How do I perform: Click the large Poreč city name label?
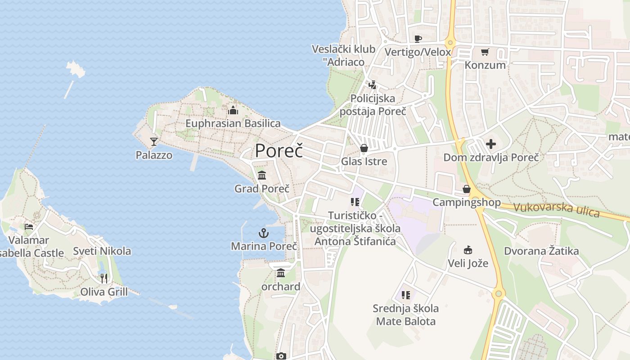[x=279, y=150]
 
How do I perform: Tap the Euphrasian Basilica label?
[x=233, y=123]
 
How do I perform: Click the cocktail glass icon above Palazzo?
[x=154, y=142]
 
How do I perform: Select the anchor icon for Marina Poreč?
[x=263, y=233]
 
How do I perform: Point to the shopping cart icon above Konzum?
[x=485, y=52]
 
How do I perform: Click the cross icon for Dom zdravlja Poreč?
[x=491, y=144]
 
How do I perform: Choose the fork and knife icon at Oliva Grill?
[x=104, y=279]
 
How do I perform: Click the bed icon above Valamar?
[x=29, y=227]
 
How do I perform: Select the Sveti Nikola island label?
[x=102, y=251]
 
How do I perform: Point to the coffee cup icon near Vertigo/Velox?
[x=418, y=39]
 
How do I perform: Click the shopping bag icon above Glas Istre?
[x=364, y=148]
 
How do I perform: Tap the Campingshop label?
[x=467, y=202]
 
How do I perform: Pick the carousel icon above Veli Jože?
[x=468, y=250]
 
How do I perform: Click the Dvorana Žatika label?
[x=541, y=251]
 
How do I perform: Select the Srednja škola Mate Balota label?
[x=406, y=315]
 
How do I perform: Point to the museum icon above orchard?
[x=281, y=273]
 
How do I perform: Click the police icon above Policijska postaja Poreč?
[x=372, y=85]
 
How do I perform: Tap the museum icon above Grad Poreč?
[x=262, y=175]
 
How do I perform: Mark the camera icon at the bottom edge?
[x=281, y=356]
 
